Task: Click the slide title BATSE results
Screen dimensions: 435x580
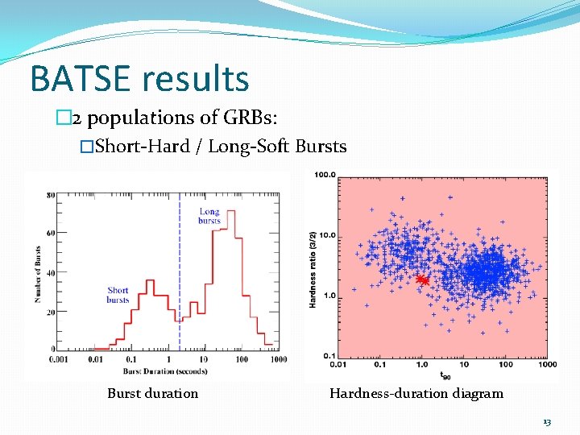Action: (139, 79)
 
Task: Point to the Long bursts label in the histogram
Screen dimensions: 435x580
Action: (209, 216)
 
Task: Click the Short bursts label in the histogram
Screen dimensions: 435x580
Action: (118, 296)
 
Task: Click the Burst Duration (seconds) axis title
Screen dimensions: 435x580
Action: (165, 371)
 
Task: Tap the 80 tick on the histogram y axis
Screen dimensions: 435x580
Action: (50, 194)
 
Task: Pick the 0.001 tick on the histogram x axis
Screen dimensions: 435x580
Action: (59, 360)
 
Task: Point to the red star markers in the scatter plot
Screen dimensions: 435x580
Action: (421, 280)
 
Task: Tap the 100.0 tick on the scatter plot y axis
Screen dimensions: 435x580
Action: (325, 175)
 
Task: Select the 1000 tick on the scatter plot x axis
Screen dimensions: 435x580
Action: (547, 365)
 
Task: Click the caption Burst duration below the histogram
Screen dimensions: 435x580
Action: (152, 393)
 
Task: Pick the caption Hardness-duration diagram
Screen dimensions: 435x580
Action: (416, 393)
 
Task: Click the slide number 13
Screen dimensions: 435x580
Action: (547, 421)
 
